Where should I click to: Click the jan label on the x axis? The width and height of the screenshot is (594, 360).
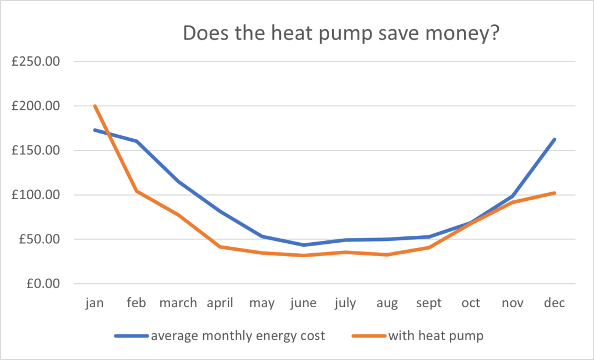[x=94, y=303]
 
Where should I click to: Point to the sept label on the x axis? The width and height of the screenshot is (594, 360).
[x=429, y=303]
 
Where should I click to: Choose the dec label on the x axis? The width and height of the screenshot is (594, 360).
[x=555, y=303]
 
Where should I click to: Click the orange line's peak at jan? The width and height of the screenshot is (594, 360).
[x=95, y=106]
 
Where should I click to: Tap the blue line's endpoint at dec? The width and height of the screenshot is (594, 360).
[x=555, y=139]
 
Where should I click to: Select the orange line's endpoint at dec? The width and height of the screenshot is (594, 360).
[x=555, y=193]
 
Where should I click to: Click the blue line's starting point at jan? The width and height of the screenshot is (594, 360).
[x=95, y=129]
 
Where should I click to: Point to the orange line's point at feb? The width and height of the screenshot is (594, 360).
[x=136, y=191]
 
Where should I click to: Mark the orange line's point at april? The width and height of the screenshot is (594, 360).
[x=220, y=247]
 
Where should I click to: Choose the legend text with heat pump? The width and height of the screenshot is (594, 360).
[x=435, y=336]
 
